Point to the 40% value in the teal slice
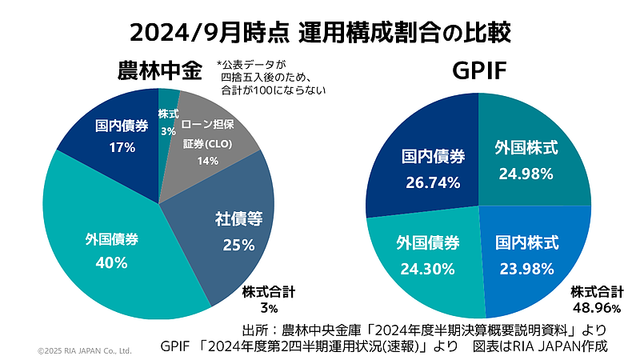112,262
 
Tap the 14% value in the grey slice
209,160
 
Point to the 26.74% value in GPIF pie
432,182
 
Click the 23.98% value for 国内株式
526,268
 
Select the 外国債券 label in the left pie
112,238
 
